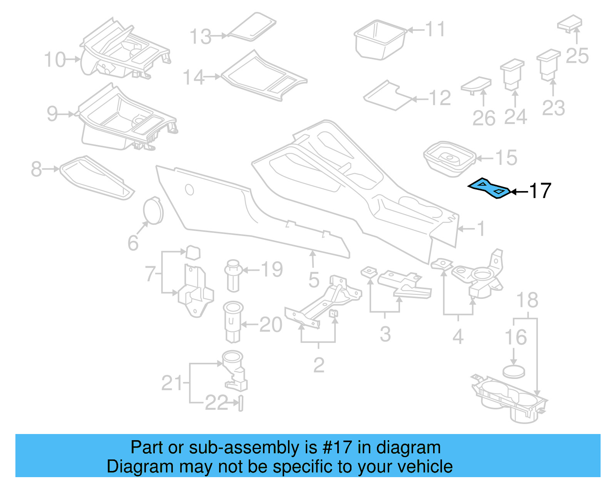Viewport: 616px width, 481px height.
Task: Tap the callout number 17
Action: tap(540, 191)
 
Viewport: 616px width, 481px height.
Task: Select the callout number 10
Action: tap(55, 60)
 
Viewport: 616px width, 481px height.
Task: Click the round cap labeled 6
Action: tap(153, 211)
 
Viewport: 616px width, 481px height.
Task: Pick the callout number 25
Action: tap(577, 56)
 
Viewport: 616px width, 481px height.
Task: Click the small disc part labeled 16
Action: tap(514, 372)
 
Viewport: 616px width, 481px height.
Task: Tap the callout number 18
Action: tap(527, 300)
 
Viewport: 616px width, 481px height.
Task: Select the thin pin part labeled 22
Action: tap(241, 404)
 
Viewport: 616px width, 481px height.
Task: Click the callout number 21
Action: tap(172, 383)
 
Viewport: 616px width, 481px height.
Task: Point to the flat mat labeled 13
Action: tap(253, 26)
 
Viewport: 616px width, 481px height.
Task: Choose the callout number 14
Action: tap(193, 77)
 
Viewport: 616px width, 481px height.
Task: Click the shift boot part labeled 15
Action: tap(449, 158)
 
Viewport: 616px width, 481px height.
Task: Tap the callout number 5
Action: tap(314, 280)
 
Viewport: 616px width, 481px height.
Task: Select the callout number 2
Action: tap(319, 365)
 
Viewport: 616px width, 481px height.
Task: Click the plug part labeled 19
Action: tap(233, 276)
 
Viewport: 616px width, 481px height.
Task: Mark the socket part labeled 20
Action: tap(233, 322)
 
